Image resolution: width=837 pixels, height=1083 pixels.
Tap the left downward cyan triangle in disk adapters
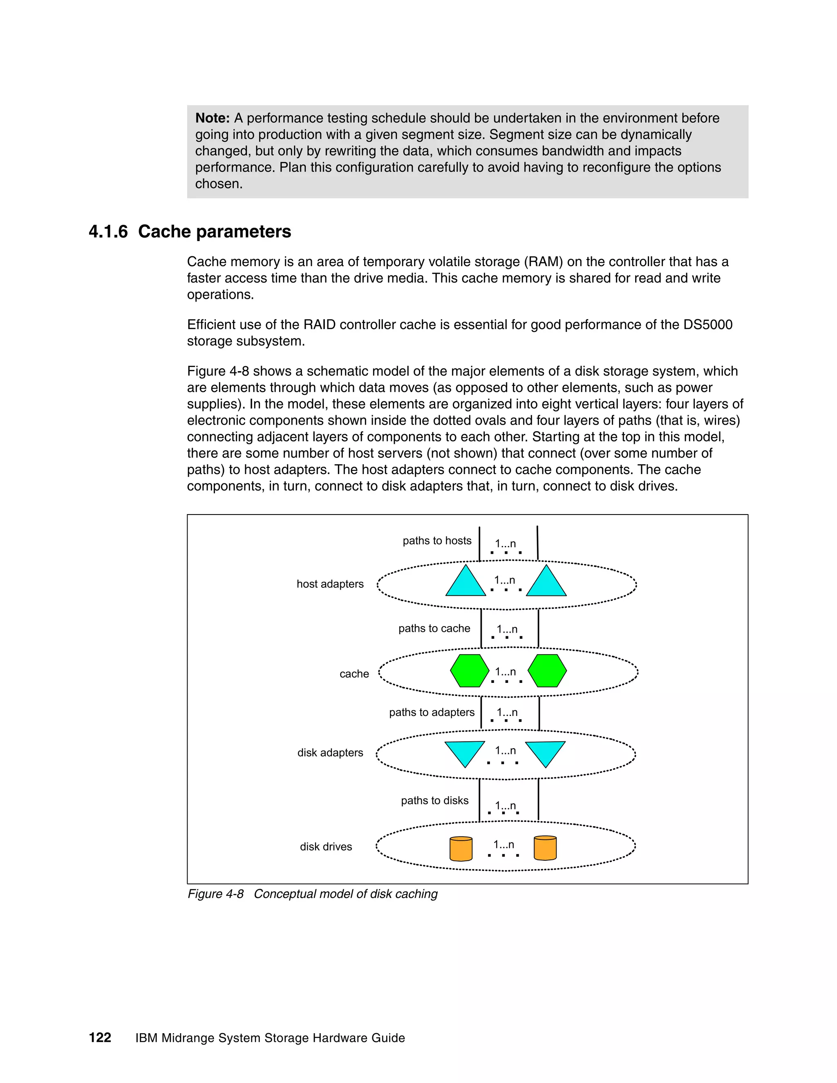point(465,751)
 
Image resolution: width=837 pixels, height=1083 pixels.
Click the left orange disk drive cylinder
point(461,848)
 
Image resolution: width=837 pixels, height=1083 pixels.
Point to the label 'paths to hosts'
point(437,541)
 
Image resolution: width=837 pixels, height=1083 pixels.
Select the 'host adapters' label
point(330,584)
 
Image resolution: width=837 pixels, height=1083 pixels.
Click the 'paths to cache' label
point(434,628)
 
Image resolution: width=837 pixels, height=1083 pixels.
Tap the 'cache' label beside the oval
point(354,674)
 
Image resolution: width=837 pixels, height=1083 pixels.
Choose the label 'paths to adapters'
point(432,712)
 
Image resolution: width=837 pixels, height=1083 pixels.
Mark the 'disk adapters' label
point(330,752)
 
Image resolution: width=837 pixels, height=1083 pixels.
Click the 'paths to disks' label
point(434,800)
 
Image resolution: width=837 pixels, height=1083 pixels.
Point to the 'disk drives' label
point(326,846)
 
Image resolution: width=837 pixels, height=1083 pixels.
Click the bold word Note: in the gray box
point(212,118)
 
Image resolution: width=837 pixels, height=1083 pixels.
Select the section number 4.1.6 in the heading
point(108,232)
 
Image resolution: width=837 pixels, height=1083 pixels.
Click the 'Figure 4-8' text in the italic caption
point(215,893)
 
